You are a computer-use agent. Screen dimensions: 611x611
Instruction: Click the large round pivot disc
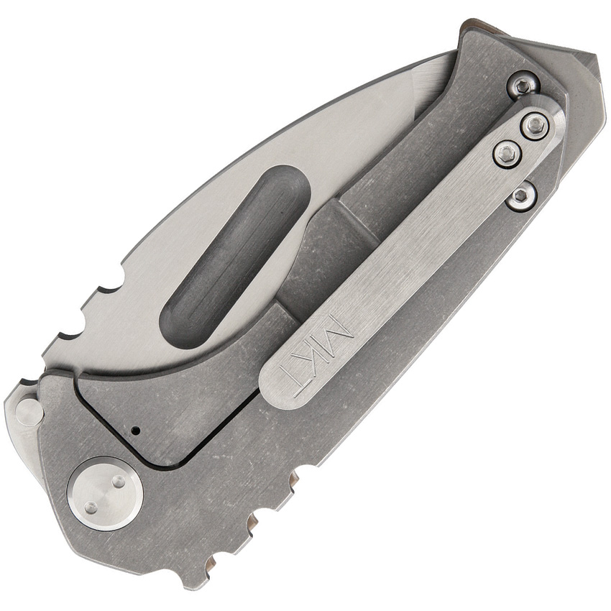tap(105, 493)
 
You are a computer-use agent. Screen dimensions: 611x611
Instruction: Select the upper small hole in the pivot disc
tap(117, 482)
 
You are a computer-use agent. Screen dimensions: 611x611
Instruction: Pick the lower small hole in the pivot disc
tap(91, 507)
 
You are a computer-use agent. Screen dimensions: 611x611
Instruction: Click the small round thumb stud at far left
tap(29, 413)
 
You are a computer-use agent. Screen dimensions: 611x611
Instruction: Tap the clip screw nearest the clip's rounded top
tap(535, 126)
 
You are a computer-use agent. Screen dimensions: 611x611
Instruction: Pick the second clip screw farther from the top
tap(507, 152)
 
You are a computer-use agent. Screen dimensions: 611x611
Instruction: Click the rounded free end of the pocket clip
tap(277, 385)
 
